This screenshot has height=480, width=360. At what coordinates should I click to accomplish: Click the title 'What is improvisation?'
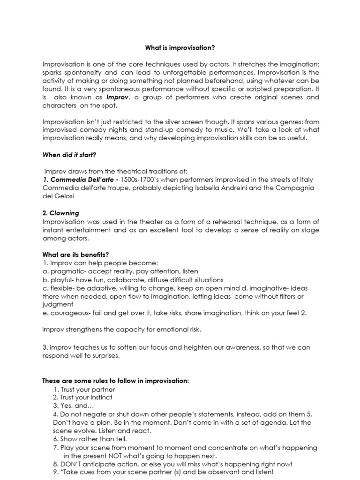[x=180, y=47]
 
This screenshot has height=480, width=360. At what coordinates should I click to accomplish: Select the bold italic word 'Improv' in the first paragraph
[x=117, y=97]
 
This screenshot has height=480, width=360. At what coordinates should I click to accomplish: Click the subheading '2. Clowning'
[x=61, y=213]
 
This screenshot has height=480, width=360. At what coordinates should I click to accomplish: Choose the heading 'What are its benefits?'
[x=75, y=255]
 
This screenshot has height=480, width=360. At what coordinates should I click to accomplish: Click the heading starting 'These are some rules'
[x=115, y=381]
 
